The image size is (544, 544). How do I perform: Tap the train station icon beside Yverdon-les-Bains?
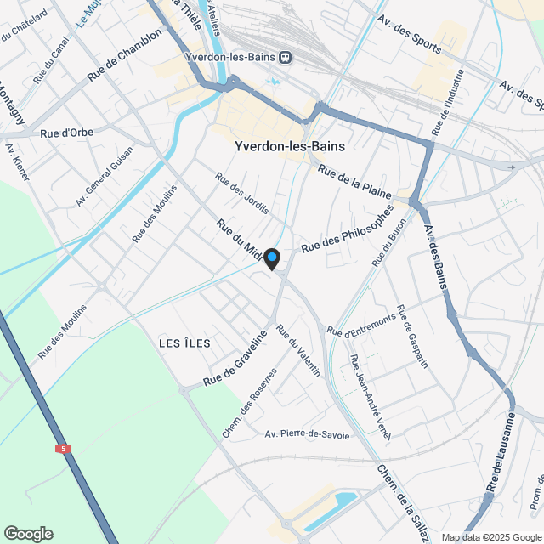pos(286,58)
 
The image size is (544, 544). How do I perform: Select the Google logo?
pos(27,533)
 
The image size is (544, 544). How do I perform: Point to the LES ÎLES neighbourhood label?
pos(184,342)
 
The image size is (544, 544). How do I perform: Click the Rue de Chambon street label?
pos(124,55)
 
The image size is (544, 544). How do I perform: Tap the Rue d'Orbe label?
pos(66,133)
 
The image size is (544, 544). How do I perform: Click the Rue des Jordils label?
pos(242,193)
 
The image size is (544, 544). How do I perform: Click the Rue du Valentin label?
pos(299,352)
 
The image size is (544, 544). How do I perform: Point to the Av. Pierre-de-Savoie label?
pos(307,434)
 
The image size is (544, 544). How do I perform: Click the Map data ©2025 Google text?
pos(490,536)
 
